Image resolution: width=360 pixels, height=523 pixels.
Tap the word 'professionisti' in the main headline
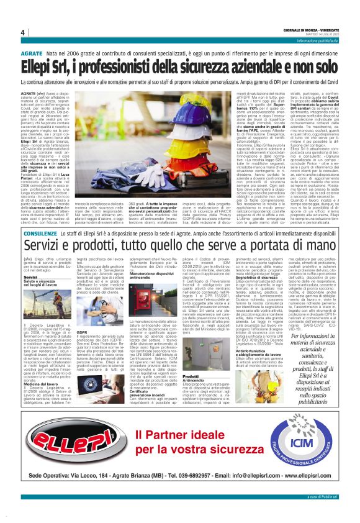click(x=118, y=67)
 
